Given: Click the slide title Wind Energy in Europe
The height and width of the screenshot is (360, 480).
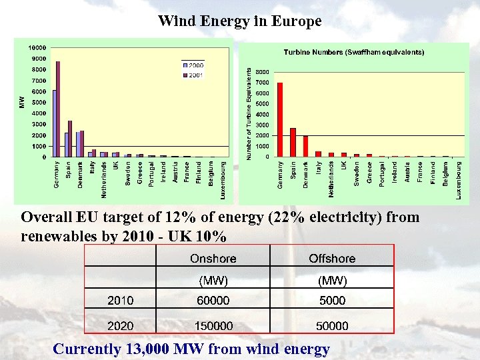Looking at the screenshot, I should tap(239, 21).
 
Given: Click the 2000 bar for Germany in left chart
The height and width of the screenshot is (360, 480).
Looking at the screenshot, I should tap(55, 123).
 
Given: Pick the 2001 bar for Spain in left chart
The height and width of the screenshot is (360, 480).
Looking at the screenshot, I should tap(70, 139).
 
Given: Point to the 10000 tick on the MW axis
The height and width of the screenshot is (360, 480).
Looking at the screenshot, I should tap(37, 48).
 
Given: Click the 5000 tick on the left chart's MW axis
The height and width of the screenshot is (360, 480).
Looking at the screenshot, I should tap(39, 103).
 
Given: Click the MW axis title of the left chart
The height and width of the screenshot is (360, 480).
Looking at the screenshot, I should tap(20, 102).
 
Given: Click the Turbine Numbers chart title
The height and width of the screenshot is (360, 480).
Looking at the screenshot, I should tap(354, 52).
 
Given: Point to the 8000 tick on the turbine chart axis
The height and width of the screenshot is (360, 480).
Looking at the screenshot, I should tap(263, 72).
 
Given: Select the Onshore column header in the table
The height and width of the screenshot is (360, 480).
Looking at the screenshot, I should tap(213, 259).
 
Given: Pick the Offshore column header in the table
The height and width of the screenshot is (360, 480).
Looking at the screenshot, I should tap(332, 259).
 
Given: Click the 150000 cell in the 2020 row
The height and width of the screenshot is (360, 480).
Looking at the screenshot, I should tap(213, 326).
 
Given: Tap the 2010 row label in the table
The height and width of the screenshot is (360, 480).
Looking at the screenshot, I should tap(121, 301).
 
